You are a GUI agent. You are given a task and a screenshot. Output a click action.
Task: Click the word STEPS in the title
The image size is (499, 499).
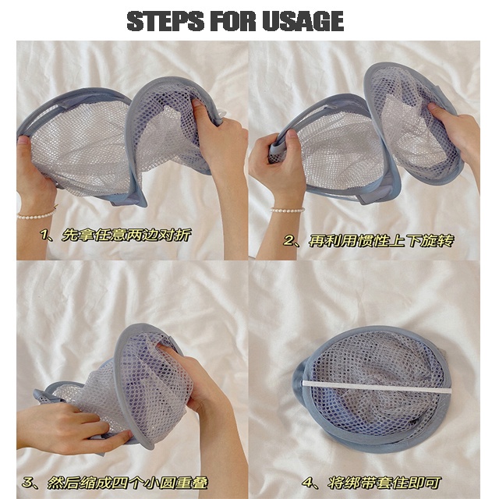pyautogui.click(x=165, y=21)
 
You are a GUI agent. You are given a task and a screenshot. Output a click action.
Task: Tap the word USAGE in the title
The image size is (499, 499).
pyautogui.click(x=303, y=21)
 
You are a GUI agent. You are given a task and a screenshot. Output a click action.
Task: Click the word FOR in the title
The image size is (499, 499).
pyautogui.click(x=233, y=21)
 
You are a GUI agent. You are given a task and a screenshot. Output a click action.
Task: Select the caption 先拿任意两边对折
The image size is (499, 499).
pyautogui.click(x=126, y=235)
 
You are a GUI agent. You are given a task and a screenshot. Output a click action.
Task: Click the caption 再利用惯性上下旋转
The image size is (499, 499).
pyautogui.click(x=381, y=241)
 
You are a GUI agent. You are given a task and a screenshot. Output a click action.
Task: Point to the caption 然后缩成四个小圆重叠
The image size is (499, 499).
pyautogui.click(x=128, y=483)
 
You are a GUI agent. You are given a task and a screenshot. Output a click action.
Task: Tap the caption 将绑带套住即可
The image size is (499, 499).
pyautogui.click(x=384, y=483)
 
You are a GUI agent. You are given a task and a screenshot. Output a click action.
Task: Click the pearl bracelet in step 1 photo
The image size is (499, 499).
pyautogui.click(x=37, y=214)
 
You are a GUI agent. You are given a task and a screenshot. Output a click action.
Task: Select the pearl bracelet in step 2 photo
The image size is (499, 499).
pyautogui.click(x=288, y=210)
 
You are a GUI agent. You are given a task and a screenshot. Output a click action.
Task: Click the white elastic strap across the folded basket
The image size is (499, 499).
pyautogui.click(x=377, y=387)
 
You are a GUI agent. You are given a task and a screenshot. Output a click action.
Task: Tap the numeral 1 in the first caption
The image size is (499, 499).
pyautogui.click(x=44, y=235)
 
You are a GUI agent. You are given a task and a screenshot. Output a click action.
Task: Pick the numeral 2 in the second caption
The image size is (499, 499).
pyautogui.click(x=288, y=241)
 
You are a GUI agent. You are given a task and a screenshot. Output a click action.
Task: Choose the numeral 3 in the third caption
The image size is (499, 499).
pyautogui.click(x=27, y=483)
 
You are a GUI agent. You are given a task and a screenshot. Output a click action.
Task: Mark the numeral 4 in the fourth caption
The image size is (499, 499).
pyautogui.click(x=308, y=483)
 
